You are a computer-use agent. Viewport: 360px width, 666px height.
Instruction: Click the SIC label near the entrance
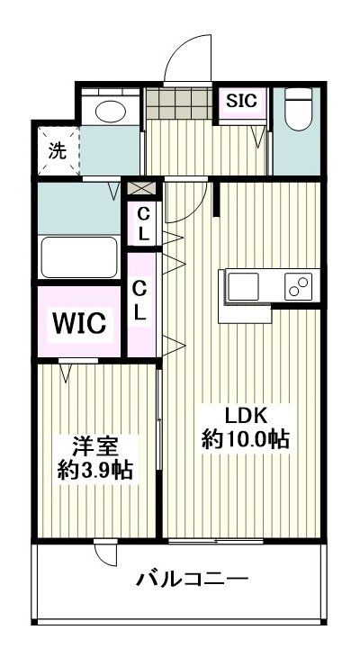click(x=241, y=100)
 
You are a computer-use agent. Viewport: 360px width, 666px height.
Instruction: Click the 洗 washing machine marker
click(x=57, y=150)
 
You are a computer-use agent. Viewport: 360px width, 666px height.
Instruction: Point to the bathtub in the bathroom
click(x=79, y=257)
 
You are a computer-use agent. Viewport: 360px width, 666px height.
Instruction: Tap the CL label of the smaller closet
click(x=143, y=222)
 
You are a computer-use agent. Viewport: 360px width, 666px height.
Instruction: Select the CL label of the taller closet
click(x=140, y=301)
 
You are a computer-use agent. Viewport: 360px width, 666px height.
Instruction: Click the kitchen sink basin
click(x=244, y=287)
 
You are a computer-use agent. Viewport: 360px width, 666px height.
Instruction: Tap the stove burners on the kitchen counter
click(x=298, y=287)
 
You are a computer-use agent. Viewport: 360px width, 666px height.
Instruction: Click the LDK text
click(x=246, y=416)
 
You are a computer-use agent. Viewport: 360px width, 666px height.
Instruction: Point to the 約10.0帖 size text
click(x=245, y=440)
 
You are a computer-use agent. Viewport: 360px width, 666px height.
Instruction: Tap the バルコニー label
click(x=192, y=578)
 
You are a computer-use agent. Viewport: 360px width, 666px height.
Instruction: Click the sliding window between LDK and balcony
click(x=216, y=541)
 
